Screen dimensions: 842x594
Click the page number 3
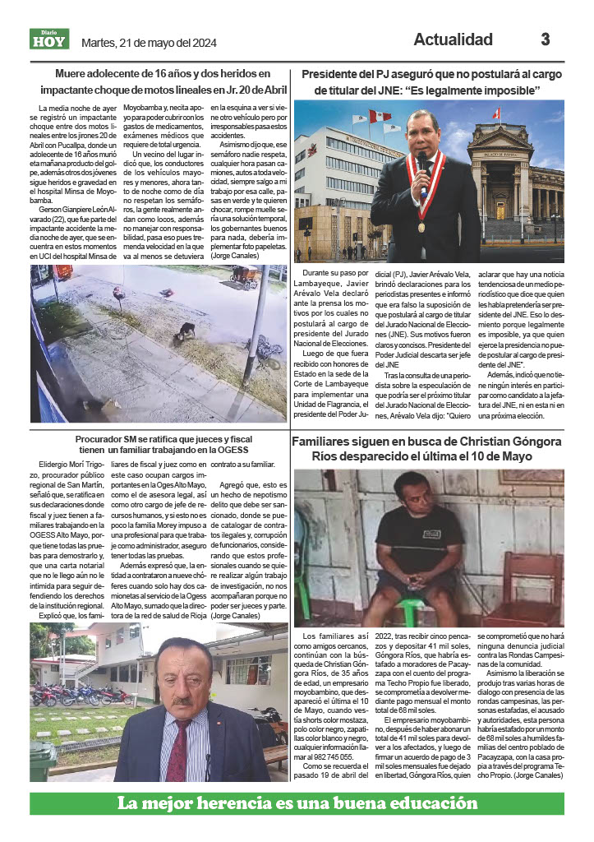[x=545, y=39]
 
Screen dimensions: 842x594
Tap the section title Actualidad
[x=453, y=39]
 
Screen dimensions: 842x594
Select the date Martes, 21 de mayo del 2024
[x=149, y=43]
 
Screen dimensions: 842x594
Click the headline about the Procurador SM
[x=160, y=444]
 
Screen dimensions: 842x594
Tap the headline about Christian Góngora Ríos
[x=428, y=449]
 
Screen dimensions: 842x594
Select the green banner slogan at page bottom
[x=297, y=803]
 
